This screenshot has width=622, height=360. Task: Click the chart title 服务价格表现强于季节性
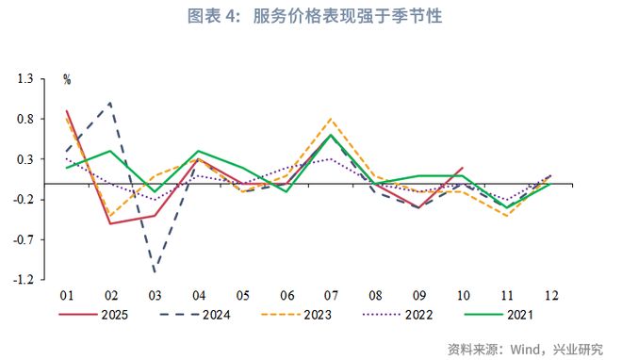point(312,16)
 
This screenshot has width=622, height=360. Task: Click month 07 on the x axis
point(331,295)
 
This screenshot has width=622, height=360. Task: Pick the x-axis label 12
point(551,295)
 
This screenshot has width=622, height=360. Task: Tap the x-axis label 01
point(67,295)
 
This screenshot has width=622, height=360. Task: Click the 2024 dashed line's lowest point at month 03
point(155,272)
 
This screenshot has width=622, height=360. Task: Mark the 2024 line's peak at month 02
point(111,104)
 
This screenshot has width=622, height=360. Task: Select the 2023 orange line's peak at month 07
point(331,119)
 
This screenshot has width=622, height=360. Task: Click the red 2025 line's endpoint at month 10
point(463,168)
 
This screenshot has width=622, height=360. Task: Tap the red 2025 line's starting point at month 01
point(67,111)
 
